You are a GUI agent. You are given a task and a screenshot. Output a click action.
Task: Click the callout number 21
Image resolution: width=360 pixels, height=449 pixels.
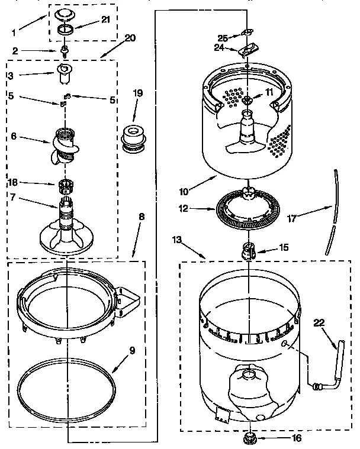pos(105,20)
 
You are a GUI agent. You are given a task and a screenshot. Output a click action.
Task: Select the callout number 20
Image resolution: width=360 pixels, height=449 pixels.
pos(130,38)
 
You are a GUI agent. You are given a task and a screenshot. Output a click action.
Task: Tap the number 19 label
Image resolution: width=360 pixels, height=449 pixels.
pos(137,93)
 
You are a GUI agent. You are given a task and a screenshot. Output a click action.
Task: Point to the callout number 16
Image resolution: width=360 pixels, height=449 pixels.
pos(296,438)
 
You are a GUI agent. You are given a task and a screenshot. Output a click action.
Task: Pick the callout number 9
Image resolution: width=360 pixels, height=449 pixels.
pos(131,350)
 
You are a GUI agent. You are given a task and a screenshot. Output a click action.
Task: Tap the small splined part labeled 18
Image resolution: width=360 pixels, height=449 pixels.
pos(69,188)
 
